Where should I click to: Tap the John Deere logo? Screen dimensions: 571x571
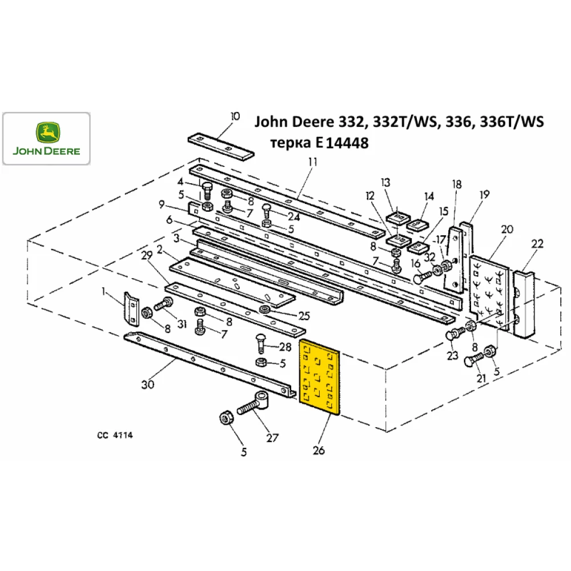[47, 139]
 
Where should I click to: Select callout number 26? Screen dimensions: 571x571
[319, 451]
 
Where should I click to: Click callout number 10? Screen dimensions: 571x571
[235, 116]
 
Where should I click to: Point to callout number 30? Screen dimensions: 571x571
[147, 385]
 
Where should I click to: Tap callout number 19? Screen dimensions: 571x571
[484, 195]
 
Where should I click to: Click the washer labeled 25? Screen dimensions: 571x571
[266, 310]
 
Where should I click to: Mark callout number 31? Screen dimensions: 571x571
[182, 324]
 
